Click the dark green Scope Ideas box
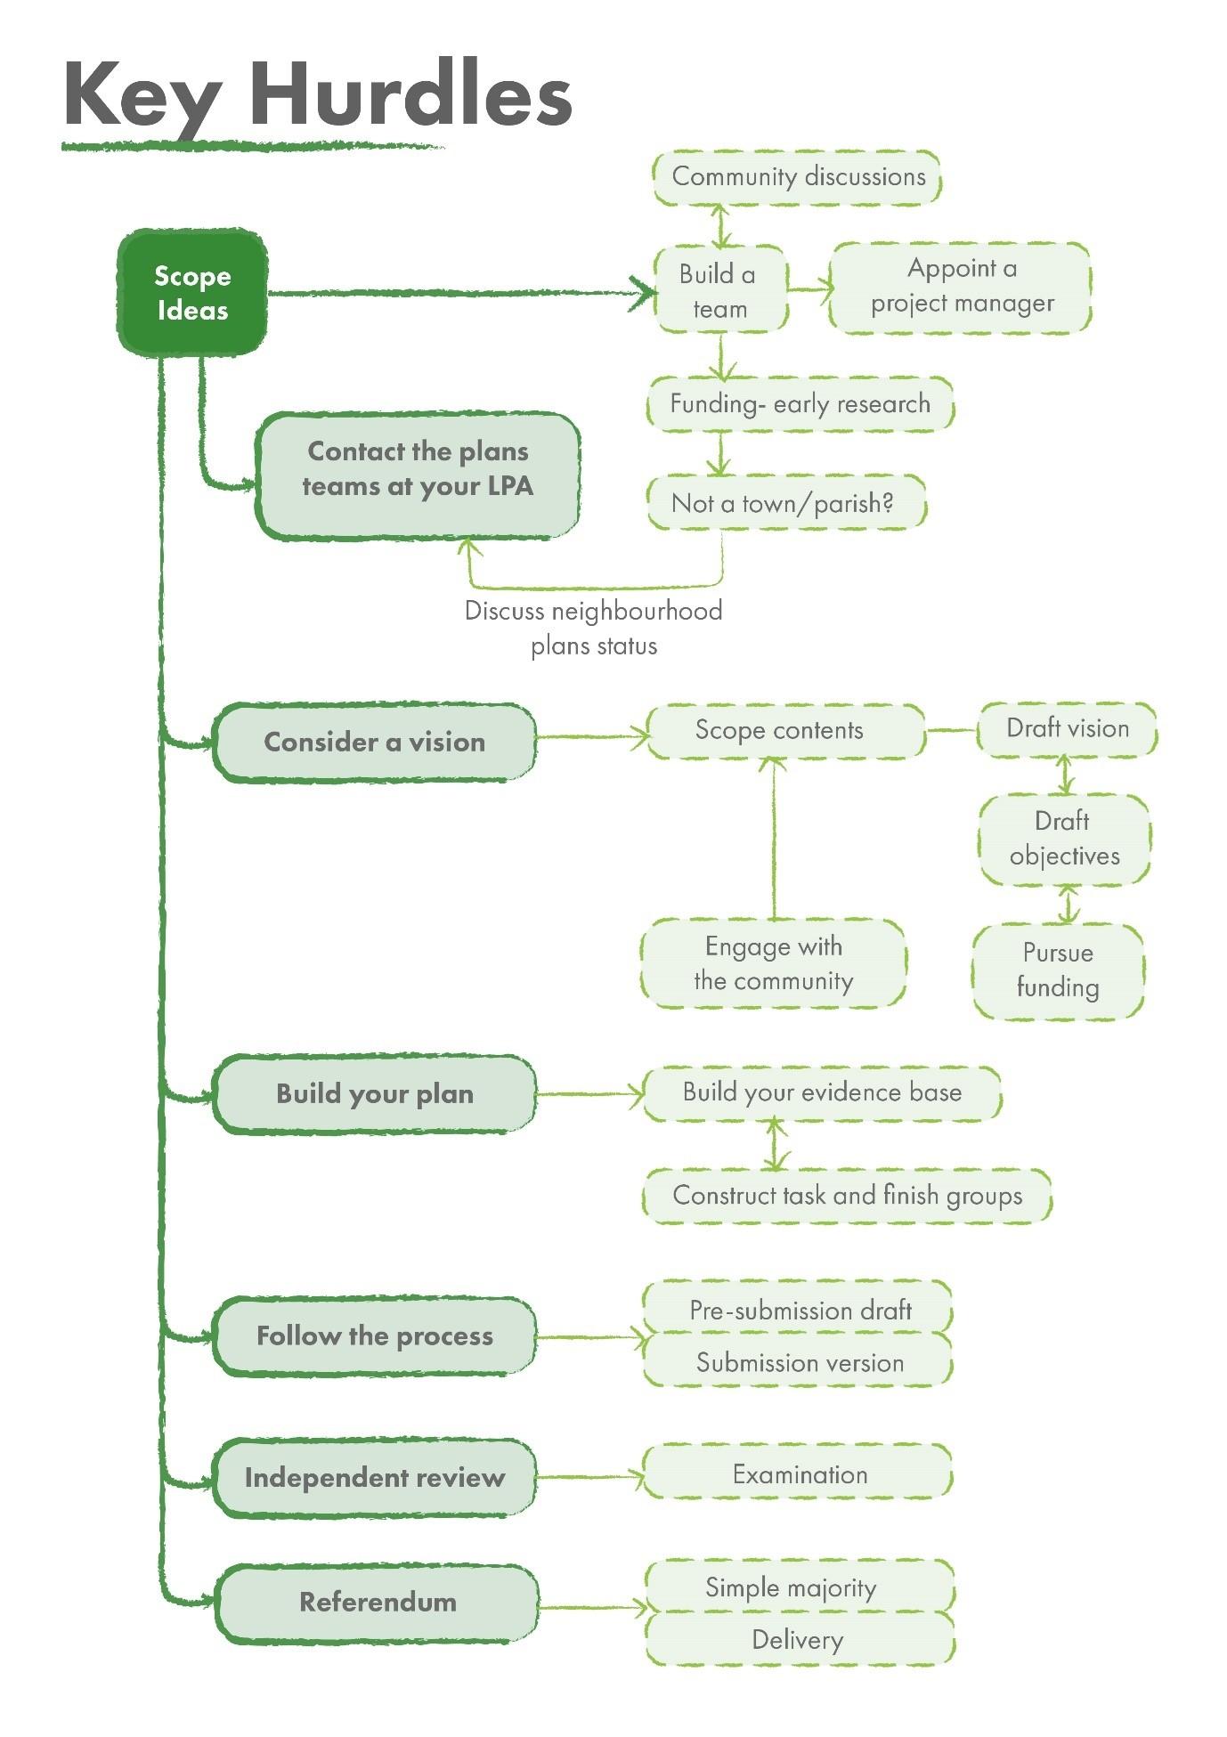point(192,294)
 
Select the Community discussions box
point(797,177)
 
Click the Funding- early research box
point(799,404)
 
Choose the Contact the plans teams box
point(418,475)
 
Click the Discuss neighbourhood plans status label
point(594,628)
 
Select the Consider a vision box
point(374,743)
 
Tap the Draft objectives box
point(1064,839)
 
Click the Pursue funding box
point(1058,970)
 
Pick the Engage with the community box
point(773,963)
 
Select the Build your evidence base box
point(821,1092)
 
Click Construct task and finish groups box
point(846,1195)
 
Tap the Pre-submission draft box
point(799,1310)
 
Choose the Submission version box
point(799,1362)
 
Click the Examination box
point(799,1474)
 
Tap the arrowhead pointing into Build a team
point(643,293)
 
